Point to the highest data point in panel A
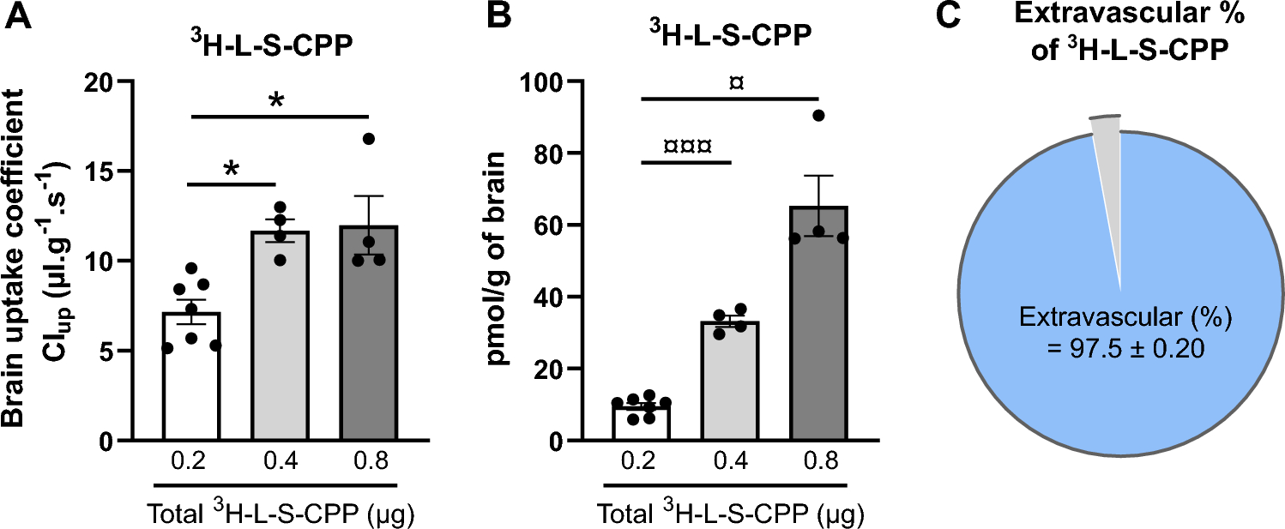[368, 139]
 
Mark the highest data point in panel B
[819, 116]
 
